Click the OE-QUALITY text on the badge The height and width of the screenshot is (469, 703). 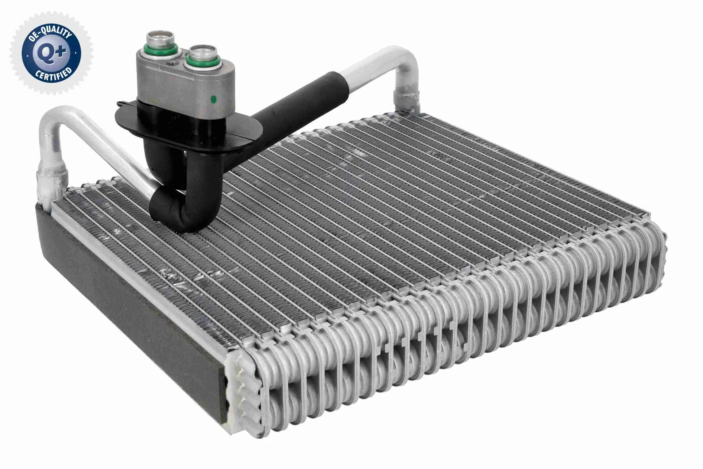pos(50,34)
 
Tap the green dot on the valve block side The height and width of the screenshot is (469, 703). pos(213,99)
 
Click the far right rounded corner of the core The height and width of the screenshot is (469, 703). pos(658,248)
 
